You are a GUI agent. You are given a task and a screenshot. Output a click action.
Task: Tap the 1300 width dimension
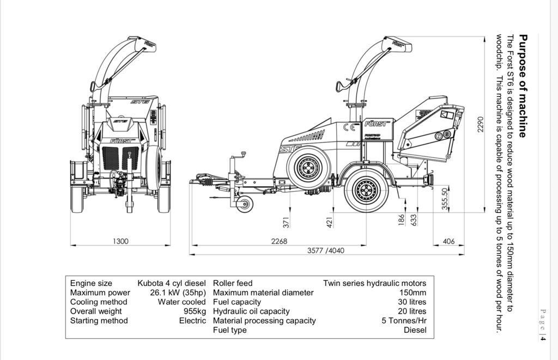coord(120,241)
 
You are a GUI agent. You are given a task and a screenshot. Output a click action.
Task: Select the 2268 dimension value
coord(279,241)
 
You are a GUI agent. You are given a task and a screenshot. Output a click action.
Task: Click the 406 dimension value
coord(448,241)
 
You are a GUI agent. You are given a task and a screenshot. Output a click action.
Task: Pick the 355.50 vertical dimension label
coord(445,199)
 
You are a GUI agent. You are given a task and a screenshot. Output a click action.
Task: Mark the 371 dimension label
coord(286,222)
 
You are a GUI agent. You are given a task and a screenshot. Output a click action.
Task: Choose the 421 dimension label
coord(329,222)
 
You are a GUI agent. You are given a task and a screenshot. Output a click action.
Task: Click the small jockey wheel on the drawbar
coord(245,204)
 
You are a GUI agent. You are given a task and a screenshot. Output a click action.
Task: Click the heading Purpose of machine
coord(523,86)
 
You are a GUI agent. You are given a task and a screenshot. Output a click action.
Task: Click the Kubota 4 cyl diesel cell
coord(172,283)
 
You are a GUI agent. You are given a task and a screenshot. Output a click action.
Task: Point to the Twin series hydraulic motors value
coord(374,283)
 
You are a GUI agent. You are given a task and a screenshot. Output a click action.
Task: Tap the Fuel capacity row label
coord(236,302)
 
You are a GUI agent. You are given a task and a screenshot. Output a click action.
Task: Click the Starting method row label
coord(99,321)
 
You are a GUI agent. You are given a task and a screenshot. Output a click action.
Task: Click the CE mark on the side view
coord(352,128)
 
